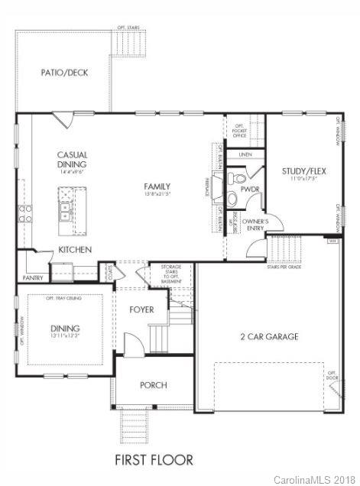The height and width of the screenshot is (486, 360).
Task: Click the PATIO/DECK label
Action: click(64, 73)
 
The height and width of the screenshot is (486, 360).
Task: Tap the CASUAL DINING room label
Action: click(72, 159)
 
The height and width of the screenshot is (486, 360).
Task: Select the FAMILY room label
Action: click(157, 186)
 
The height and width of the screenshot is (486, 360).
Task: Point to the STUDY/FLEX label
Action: click(303, 170)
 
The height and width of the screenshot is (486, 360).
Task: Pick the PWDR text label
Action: click(251, 189)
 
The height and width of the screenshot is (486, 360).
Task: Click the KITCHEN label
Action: click(76, 250)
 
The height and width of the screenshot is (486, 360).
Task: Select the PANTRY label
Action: click(33, 278)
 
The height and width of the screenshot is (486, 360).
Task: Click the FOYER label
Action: click(141, 309)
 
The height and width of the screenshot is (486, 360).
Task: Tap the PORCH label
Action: click(153, 385)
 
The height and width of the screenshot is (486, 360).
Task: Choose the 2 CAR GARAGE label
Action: click(269, 336)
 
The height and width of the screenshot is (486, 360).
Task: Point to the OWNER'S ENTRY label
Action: click(255, 225)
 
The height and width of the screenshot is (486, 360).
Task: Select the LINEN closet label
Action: click(245, 154)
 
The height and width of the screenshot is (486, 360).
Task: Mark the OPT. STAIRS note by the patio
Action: click(128, 28)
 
